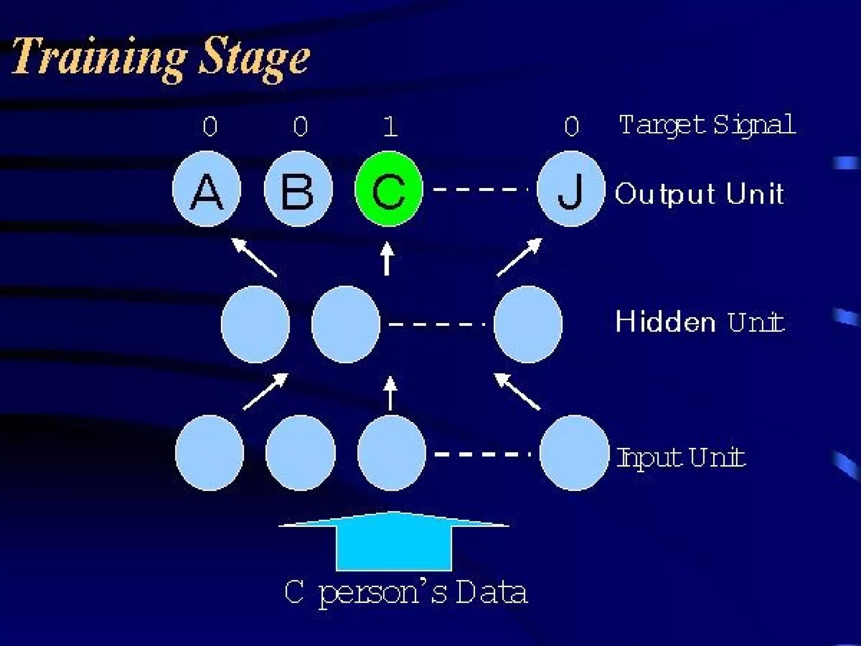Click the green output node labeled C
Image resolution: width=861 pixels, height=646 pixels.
(x=388, y=189)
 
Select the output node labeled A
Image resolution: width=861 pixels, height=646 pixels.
(x=206, y=189)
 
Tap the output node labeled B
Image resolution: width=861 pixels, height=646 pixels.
(x=298, y=189)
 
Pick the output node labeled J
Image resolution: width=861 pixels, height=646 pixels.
(x=571, y=189)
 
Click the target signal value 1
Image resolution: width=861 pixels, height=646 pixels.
(x=391, y=127)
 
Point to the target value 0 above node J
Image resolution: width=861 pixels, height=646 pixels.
(x=571, y=127)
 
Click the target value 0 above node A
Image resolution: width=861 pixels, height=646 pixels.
(x=210, y=127)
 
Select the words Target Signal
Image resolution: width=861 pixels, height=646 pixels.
(x=707, y=125)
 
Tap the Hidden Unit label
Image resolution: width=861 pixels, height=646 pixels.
(x=700, y=322)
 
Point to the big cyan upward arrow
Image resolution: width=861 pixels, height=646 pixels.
(x=394, y=543)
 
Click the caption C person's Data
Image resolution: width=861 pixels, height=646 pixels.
(x=406, y=592)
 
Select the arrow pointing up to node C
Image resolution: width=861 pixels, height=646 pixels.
(x=387, y=258)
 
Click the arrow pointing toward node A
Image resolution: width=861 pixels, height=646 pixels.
(x=254, y=257)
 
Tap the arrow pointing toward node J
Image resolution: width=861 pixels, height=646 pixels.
(x=520, y=257)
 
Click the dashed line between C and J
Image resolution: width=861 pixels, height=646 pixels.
(x=480, y=189)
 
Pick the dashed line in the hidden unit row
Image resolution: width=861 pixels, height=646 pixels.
(x=437, y=324)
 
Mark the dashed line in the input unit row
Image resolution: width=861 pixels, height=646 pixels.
(x=482, y=454)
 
